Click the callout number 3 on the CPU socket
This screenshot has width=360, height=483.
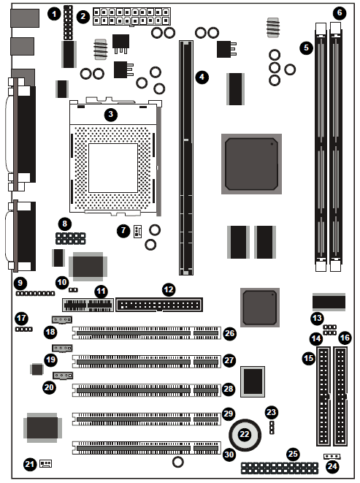[110, 115]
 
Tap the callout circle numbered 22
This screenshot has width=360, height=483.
[245, 434]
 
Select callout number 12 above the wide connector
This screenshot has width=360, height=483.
[169, 289]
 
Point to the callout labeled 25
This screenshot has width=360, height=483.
[293, 454]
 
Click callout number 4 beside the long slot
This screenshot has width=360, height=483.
[202, 77]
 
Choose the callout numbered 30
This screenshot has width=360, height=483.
[229, 455]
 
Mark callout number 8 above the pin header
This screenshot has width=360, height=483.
[65, 224]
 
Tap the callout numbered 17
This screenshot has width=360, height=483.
[22, 318]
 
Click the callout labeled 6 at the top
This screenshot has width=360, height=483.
[340, 12]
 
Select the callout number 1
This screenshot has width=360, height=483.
[55, 14]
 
